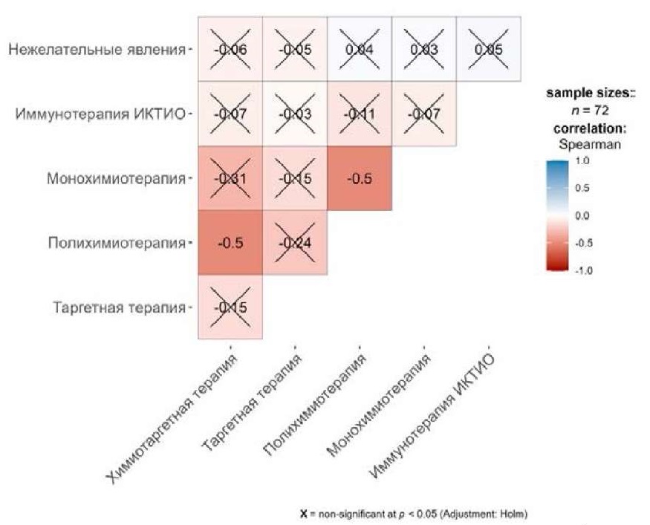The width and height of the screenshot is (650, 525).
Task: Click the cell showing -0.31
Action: (x=230, y=179)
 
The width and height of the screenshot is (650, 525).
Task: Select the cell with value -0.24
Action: (x=295, y=244)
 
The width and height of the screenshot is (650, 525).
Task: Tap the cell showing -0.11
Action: (x=360, y=114)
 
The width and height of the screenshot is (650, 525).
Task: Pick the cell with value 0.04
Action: (x=360, y=50)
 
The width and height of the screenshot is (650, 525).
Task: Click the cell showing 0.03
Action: (x=424, y=50)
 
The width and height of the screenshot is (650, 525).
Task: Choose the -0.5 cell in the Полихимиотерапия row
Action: (x=230, y=244)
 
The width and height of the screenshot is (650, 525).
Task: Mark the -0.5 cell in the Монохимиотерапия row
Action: (x=360, y=179)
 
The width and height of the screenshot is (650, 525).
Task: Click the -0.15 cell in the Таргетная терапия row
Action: (x=230, y=307)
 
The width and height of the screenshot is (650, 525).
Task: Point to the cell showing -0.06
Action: (x=230, y=50)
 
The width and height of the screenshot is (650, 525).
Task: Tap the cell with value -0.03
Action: (x=295, y=114)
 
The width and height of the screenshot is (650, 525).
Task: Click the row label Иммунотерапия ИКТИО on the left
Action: (x=101, y=114)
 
